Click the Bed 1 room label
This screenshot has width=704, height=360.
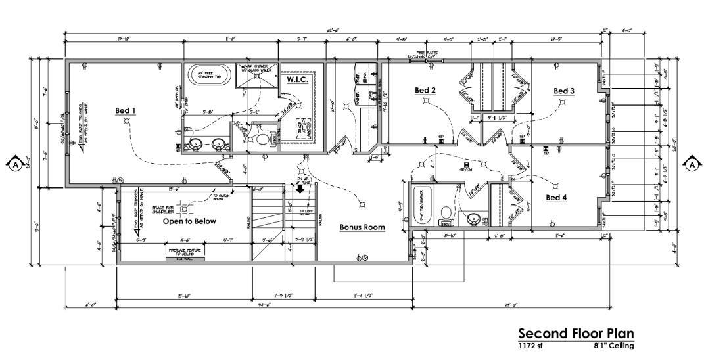click(126, 110)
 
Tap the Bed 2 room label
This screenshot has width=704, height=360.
click(425, 90)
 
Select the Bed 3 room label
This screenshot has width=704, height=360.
click(564, 91)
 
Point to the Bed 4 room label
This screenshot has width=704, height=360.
click(556, 197)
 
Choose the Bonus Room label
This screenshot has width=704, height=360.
click(362, 227)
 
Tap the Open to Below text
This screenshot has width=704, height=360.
click(189, 221)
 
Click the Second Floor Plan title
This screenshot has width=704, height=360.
click(576, 333)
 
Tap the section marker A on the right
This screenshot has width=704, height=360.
click(691, 164)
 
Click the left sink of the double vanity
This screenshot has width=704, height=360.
click(195, 144)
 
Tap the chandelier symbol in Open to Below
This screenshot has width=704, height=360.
click(185, 209)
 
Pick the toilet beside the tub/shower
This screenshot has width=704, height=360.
click(446, 213)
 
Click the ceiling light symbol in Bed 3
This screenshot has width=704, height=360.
click(563, 102)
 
